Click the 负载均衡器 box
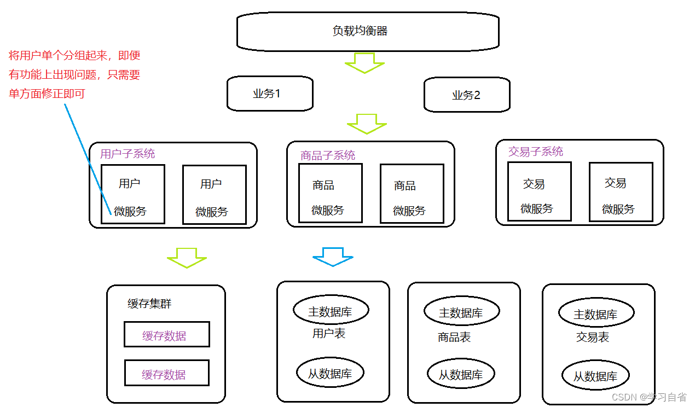(367, 32)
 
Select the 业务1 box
(270, 94)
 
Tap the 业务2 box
(467, 95)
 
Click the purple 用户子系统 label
(128, 154)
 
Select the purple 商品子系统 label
(328, 155)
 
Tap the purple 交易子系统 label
(536, 152)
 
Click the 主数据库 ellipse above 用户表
(331, 311)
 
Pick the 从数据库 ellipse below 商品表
(461, 374)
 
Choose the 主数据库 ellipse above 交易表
(596, 314)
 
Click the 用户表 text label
(329, 333)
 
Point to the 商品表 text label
(454, 338)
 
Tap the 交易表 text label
(593, 338)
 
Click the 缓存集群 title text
(149, 304)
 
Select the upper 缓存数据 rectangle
(166, 335)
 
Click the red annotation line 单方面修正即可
(47, 94)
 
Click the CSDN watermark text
(648, 397)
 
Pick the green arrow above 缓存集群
(187, 258)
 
